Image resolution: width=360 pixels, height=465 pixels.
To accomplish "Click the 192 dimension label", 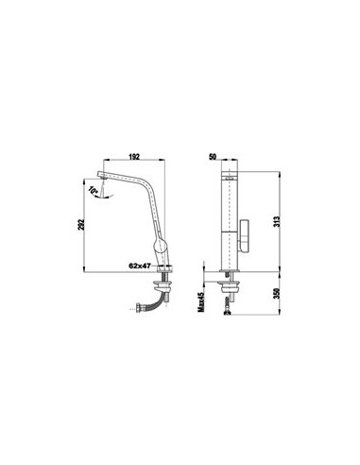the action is point(134,157).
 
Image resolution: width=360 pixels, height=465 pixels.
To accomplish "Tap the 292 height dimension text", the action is point(81,224).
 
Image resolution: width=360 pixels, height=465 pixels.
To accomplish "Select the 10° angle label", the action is point(94,190).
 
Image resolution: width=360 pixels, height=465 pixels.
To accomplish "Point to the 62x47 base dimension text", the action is point(140,266).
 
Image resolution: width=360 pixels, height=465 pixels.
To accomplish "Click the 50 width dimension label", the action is point(213,157).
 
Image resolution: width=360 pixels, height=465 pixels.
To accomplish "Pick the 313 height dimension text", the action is point(277,222).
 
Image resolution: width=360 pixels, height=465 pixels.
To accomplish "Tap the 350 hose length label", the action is point(277,294).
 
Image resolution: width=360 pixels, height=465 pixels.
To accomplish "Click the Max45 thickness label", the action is point(201,301).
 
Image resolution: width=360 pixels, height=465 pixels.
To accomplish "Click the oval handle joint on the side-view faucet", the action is point(161,244).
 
